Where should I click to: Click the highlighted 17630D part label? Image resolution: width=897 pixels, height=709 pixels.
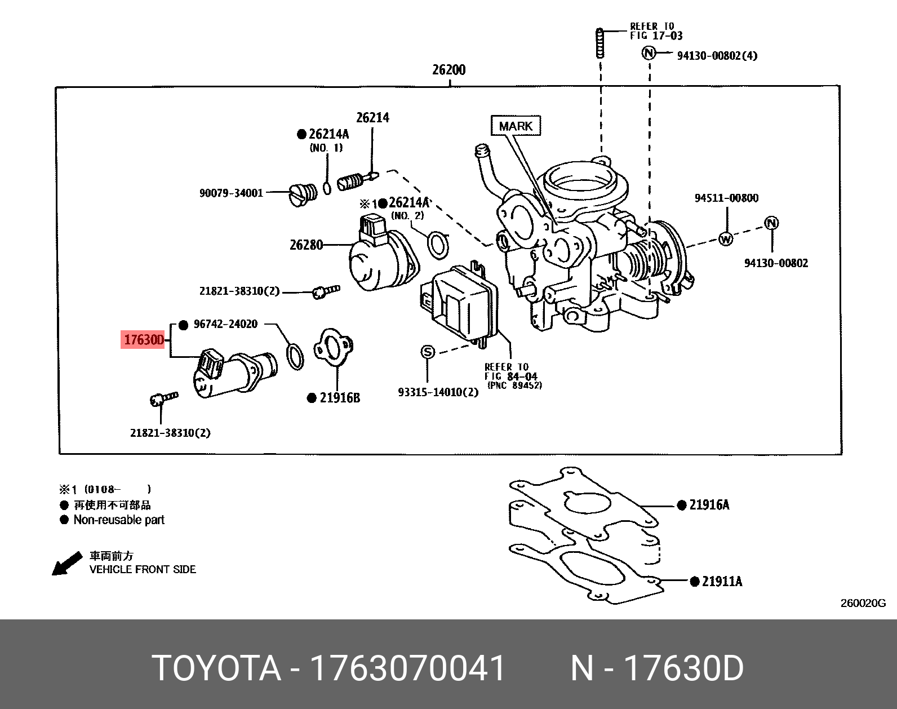[144, 340]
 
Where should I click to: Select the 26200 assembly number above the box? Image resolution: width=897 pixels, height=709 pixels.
[449, 70]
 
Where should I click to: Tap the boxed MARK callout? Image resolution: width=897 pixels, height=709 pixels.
[516, 126]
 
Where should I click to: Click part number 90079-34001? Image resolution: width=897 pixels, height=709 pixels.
[231, 193]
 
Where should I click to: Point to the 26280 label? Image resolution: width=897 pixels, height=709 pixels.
[306, 245]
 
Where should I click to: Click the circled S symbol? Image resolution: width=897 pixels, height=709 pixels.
[428, 352]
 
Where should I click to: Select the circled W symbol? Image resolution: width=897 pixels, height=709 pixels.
[726, 238]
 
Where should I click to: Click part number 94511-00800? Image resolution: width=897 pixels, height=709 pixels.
[726, 198]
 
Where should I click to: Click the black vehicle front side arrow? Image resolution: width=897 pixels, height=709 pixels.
[66, 564]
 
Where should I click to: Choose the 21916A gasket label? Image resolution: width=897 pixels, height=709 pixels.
[709, 505]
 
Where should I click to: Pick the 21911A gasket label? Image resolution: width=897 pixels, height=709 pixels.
[722, 581]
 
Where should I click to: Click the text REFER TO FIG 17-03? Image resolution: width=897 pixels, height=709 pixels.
[656, 31]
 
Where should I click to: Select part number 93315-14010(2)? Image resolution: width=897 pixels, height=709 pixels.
[438, 392]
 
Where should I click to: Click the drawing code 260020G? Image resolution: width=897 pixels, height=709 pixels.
[863, 603]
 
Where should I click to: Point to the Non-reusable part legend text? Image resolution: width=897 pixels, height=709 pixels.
[119, 520]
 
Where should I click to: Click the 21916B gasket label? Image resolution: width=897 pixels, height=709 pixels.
[339, 398]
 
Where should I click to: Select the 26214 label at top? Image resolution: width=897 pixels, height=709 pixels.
[372, 118]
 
